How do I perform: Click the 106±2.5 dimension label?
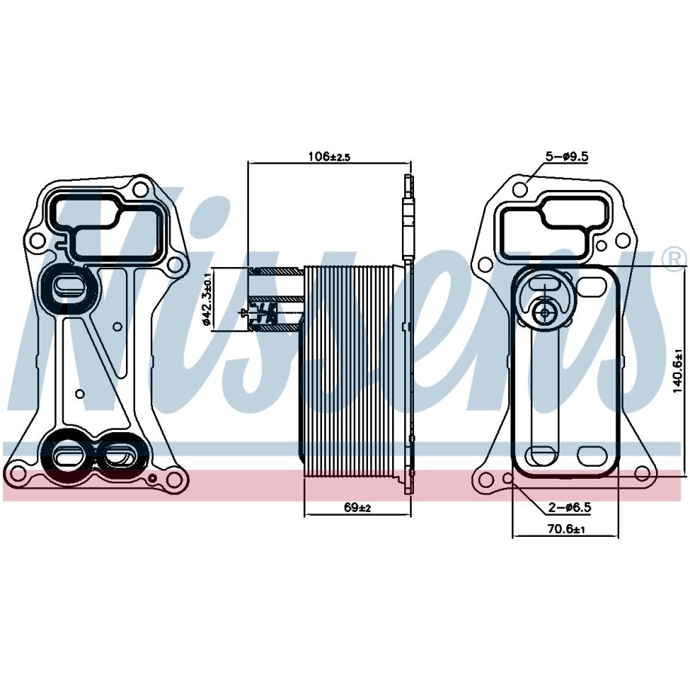pos(329,156)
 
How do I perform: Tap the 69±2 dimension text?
pos(357,508)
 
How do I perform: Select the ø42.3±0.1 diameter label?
pos(207,299)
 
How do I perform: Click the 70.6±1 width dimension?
pos(566,529)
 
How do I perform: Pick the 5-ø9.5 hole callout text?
pos(567,156)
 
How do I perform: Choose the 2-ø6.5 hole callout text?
pos(569,508)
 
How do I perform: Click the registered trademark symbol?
pos(678,259)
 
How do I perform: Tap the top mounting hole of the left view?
pos(140,189)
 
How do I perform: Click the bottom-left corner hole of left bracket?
pos(17,474)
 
